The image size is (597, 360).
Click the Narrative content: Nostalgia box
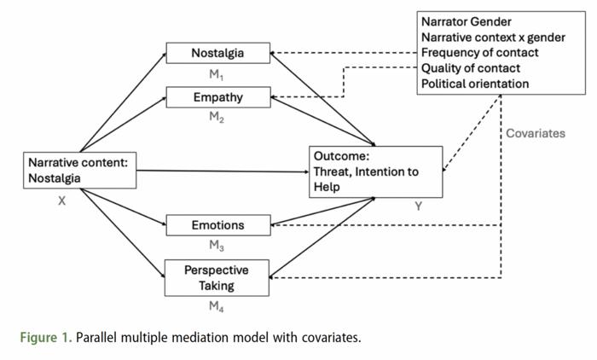point(78,170)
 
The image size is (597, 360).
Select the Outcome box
point(375,171)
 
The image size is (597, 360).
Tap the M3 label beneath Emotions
point(217,246)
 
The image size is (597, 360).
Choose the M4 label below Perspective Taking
point(217,306)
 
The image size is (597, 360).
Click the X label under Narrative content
point(61,202)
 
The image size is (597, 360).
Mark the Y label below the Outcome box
point(418,206)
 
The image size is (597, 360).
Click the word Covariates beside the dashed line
point(535,134)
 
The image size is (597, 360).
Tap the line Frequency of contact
point(479,52)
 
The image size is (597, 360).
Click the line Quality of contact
point(470,67)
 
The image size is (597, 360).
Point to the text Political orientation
point(474,84)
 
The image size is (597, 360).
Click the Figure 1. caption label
point(44,337)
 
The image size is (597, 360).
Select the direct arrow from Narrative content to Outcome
point(222,171)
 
